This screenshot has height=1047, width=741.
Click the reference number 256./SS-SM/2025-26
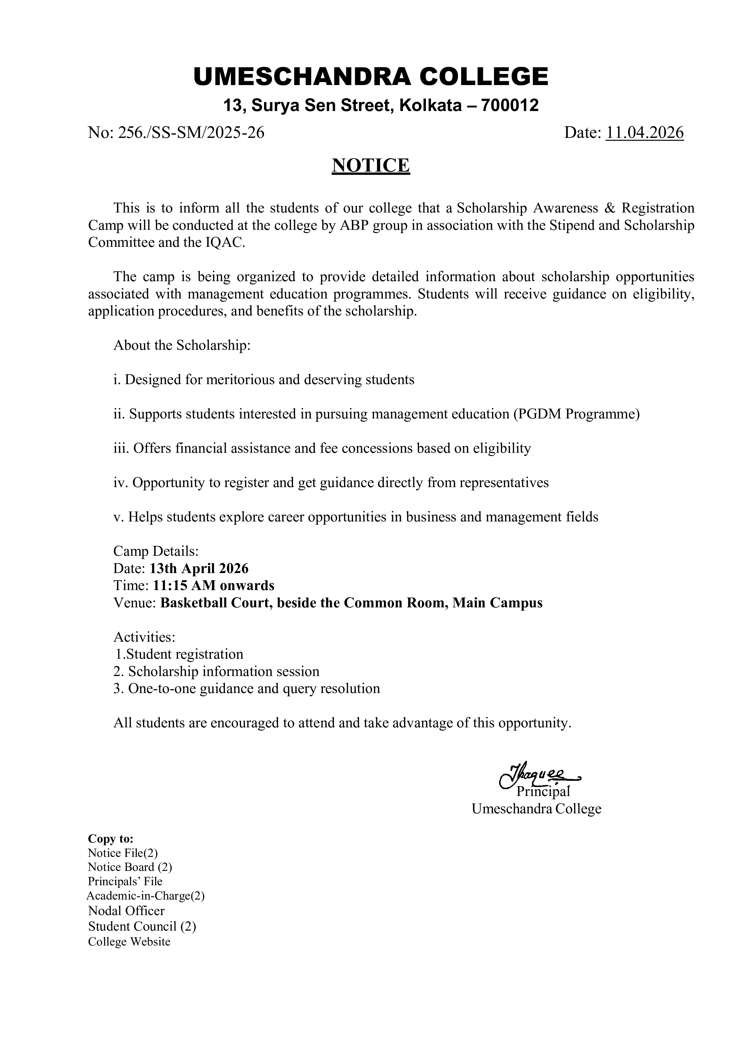pyautogui.click(x=176, y=133)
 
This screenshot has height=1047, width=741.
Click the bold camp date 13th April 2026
pyautogui.click(x=199, y=569)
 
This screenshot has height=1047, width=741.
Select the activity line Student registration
pyautogui.click(x=179, y=654)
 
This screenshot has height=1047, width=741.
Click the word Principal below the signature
pyautogui.click(x=543, y=792)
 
